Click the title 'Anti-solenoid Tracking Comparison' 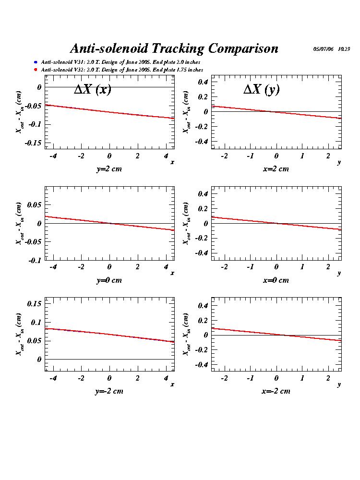pos(174,48)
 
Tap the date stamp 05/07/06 pos(324,49)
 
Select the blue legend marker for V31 pos(36,62)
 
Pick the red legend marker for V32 pos(36,70)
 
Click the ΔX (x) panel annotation pos(92,89)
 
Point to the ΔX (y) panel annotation pos(261,89)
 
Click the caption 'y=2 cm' pos(109,168)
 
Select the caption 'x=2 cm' pos(276,168)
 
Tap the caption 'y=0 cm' pos(109,280)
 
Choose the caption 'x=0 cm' pos(276,280)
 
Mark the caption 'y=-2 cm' pos(109,391)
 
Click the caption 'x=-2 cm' pos(276,391)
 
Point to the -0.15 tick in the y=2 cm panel pos(33,143)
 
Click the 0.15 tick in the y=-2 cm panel pos(34,304)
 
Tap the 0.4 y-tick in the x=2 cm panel pos(203,82)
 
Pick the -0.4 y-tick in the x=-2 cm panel pos(202,365)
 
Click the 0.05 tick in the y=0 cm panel pos(34,204)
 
